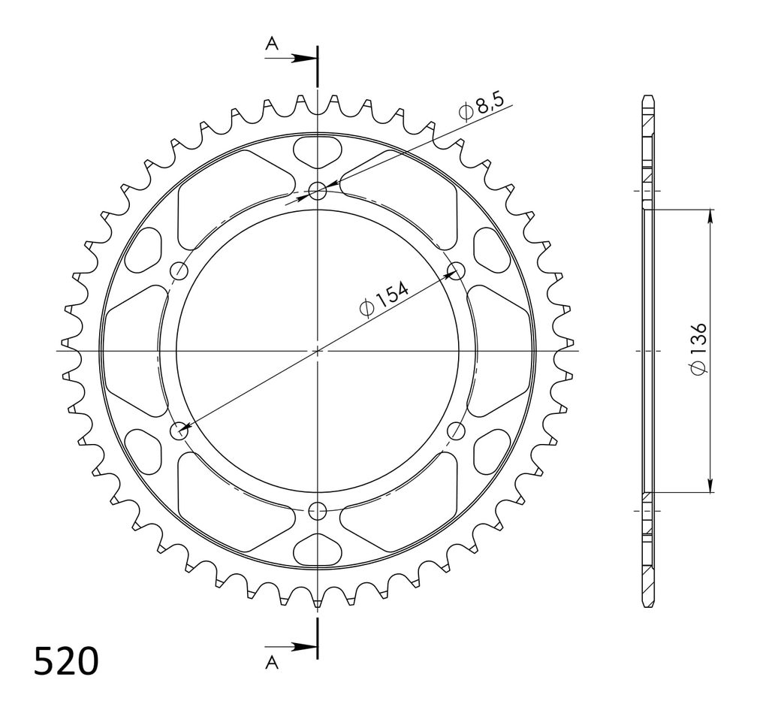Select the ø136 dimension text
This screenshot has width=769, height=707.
pyautogui.click(x=698, y=349)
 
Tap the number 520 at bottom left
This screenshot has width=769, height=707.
pyautogui.click(x=66, y=661)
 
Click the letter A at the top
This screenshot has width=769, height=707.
pyautogui.click(x=272, y=44)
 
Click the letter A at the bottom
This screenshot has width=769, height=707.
pyautogui.click(x=272, y=663)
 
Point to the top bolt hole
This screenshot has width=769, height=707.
pyautogui.click(x=318, y=190)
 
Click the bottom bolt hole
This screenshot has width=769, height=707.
pyautogui.click(x=318, y=512)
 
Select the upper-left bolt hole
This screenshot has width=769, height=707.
pyautogui.click(x=179, y=270)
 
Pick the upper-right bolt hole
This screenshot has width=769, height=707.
pyautogui.click(x=457, y=270)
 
